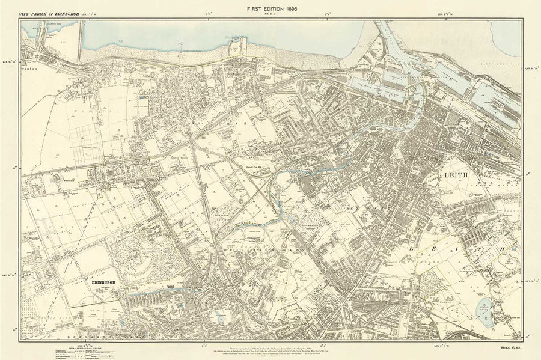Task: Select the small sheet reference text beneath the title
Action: tap(270, 15)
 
